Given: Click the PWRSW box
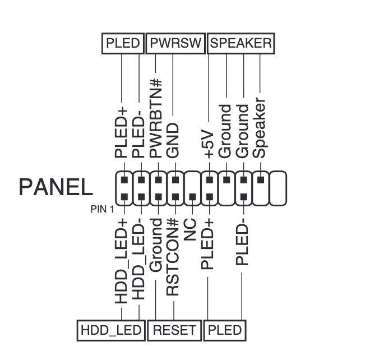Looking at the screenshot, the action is (x=175, y=44).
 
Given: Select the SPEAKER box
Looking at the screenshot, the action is (x=241, y=44).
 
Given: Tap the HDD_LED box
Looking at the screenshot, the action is (x=111, y=330).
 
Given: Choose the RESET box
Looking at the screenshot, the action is (x=174, y=330).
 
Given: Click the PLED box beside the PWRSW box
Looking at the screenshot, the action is (x=123, y=44).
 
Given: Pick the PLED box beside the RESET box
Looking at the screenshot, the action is (x=225, y=330).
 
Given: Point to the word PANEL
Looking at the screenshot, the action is (x=56, y=187).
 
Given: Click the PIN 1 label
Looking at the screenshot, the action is (x=102, y=209).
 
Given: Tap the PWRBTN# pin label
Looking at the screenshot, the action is (x=155, y=118).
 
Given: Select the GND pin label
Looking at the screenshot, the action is (x=173, y=141).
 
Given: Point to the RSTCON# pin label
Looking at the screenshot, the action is (x=173, y=257).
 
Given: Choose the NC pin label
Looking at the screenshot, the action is (x=190, y=229).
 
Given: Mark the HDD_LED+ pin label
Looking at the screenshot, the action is (x=121, y=261).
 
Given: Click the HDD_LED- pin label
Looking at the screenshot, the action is (x=139, y=259).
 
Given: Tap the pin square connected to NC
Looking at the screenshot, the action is (x=192, y=197).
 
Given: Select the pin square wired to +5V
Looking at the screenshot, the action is (x=210, y=180).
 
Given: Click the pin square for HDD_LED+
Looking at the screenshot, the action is (x=124, y=197).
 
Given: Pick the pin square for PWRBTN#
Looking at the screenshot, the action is (x=158, y=180).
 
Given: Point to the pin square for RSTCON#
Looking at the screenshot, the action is (x=175, y=197).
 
